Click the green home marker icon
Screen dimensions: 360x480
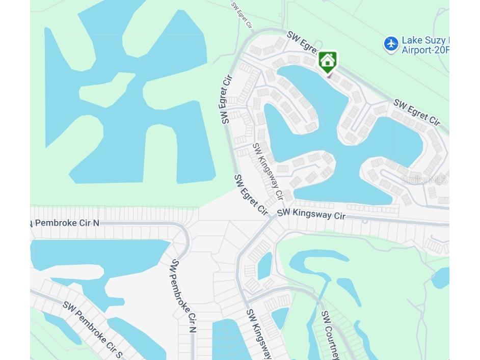328,62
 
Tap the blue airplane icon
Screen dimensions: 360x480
391,44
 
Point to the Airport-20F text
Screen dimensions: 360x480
425,50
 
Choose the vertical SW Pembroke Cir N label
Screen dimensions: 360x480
183,295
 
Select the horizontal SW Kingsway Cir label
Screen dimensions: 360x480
311,214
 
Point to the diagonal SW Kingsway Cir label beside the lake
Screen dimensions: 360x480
268,171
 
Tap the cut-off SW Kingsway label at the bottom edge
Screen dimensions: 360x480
259,334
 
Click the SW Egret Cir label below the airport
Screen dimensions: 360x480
416,113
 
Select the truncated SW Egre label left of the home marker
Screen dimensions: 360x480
302,42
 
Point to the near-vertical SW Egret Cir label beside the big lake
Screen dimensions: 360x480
226,100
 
